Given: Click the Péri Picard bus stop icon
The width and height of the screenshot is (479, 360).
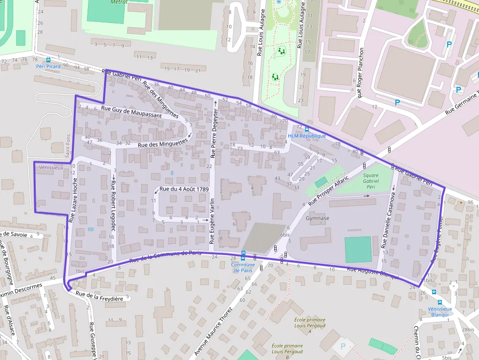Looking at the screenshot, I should [x=48, y=60].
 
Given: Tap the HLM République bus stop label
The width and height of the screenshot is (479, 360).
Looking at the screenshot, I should [x=306, y=136].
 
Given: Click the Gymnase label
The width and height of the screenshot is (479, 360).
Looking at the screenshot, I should [x=317, y=218].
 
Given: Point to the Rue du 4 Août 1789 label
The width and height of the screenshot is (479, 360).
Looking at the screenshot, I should [x=184, y=189].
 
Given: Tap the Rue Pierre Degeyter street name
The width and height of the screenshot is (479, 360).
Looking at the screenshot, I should [x=214, y=129].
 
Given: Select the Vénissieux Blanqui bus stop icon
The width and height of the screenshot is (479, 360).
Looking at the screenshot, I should [x=439, y=302].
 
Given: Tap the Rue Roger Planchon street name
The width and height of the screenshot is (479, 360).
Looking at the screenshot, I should [x=361, y=73].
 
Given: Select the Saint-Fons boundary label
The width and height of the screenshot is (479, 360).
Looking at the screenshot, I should [x=67, y=146].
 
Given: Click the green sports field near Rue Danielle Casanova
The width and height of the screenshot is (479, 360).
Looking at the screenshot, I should [x=358, y=250].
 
